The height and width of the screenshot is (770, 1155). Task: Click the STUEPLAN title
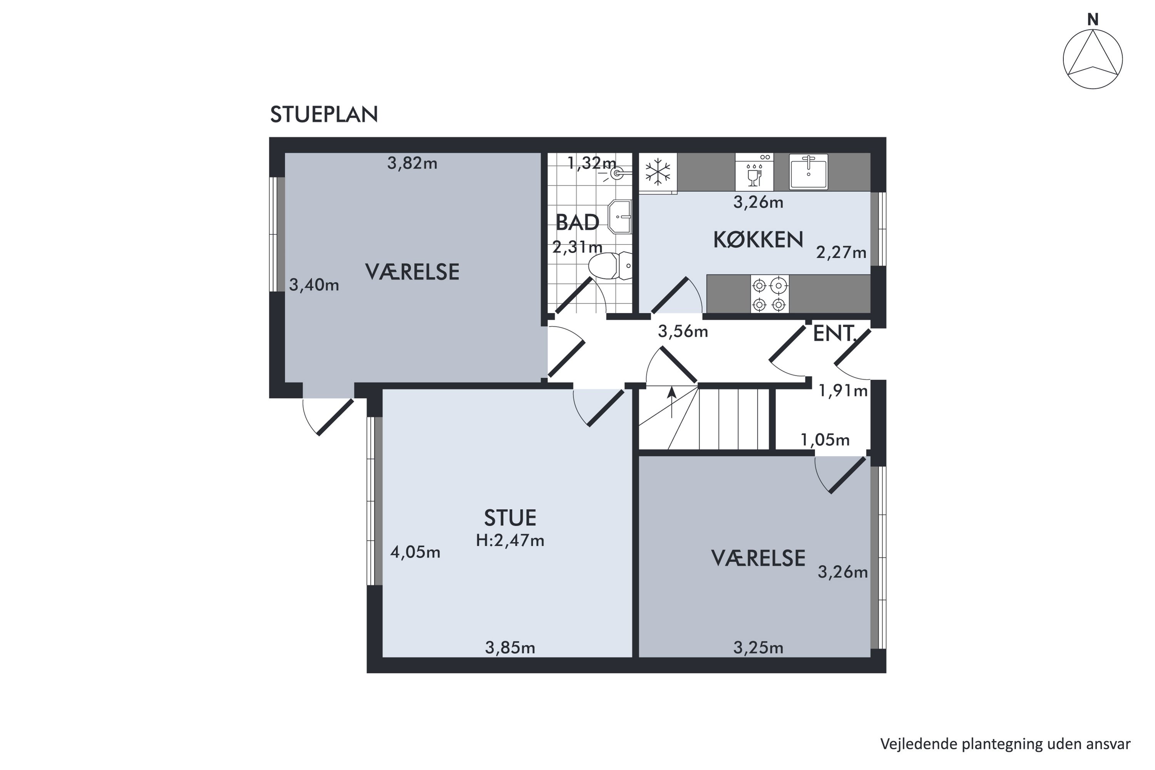(x=324, y=114)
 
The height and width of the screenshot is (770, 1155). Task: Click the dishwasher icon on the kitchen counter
(x=754, y=172)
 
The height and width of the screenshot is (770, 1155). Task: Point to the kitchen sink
(x=808, y=171)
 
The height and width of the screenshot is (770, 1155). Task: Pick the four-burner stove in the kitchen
(x=770, y=294)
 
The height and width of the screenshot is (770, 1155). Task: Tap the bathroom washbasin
(x=620, y=216)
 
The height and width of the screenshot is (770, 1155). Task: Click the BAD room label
(x=577, y=223)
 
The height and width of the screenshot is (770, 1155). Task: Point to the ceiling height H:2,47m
(x=510, y=541)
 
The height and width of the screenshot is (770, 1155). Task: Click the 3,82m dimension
(x=412, y=163)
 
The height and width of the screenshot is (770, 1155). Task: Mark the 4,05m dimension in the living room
(x=415, y=552)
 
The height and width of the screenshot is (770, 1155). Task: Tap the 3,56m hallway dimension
(x=683, y=332)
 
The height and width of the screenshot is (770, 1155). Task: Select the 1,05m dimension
(x=825, y=440)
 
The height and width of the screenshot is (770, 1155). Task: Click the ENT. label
(x=835, y=333)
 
